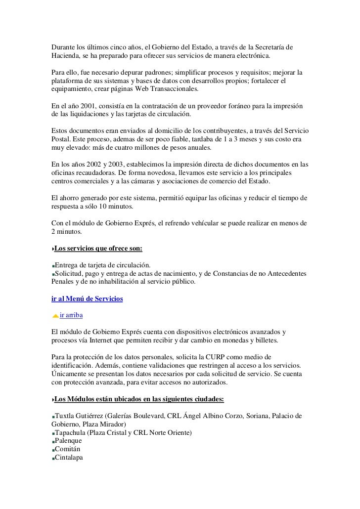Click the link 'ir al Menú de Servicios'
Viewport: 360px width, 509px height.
pyautogui.click(x=87, y=299)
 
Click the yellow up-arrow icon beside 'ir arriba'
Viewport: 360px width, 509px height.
pyautogui.click(x=55, y=316)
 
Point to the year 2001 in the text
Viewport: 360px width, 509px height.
pyautogui.click(x=87, y=107)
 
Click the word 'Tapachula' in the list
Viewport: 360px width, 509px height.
pyautogui.click(x=73, y=433)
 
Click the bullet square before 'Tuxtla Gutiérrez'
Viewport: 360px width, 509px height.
pyautogui.click(x=52, y=417)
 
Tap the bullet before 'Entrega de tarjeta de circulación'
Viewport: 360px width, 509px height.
pyautogui.click(x=52, y=266)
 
